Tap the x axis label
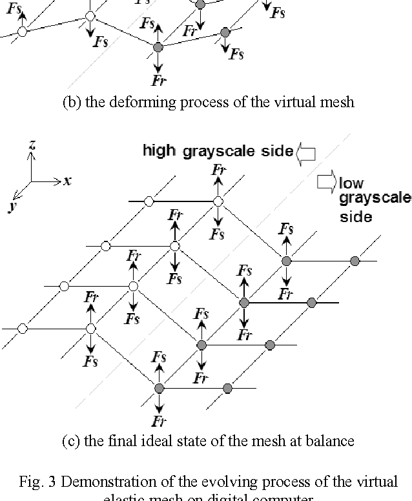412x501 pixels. click(67, 181)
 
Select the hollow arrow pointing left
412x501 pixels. click(305, 152)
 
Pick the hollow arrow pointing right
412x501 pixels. click(326, 183)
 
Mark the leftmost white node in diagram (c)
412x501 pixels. click(23, 329)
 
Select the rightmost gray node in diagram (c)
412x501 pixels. click(354, 260)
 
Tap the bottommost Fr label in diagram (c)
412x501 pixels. click(159, 422)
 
